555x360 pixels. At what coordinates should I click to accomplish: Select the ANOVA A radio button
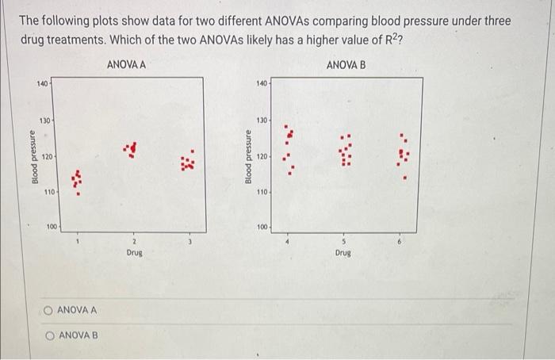tap(49, 309)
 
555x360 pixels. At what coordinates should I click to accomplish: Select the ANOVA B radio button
tap(49, 335)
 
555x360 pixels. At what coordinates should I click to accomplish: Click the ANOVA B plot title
tap(346, 64)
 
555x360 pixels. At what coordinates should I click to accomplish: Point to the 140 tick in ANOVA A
tap(41, 83)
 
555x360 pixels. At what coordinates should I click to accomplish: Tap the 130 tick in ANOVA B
tap(262, 121)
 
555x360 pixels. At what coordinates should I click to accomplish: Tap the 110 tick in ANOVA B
tap(262, 193)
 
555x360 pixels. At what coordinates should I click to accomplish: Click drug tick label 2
tap(134, 241)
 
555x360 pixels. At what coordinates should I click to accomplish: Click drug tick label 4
tap(289, 241)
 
